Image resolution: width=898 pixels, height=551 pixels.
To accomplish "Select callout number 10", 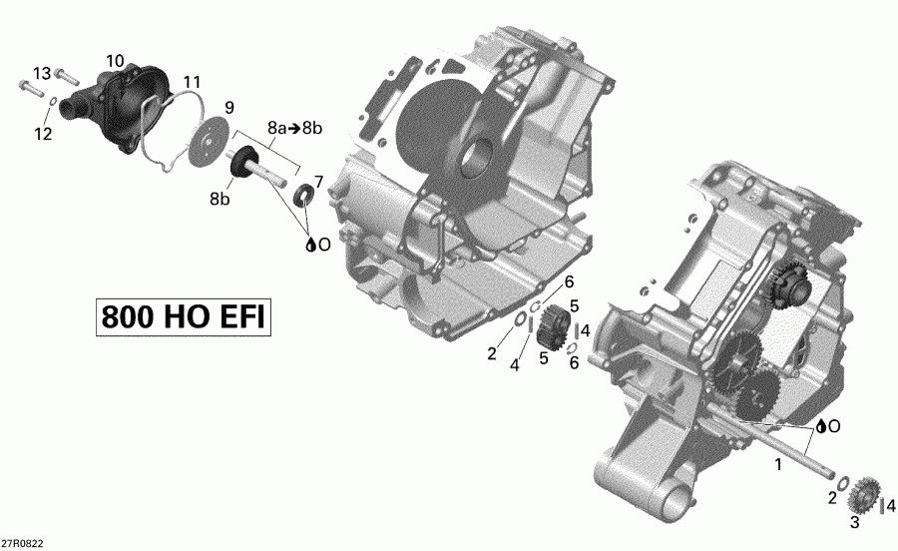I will click(115, 61).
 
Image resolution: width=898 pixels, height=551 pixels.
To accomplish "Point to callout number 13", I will click(41, 74).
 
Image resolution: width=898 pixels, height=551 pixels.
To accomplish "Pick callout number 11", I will click(191, 81).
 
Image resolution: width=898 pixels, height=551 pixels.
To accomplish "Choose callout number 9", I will click(228, 107).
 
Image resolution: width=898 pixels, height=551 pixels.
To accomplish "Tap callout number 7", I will click(318, 181).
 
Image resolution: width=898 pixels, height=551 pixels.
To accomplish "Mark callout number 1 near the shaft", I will click(777, 464).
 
